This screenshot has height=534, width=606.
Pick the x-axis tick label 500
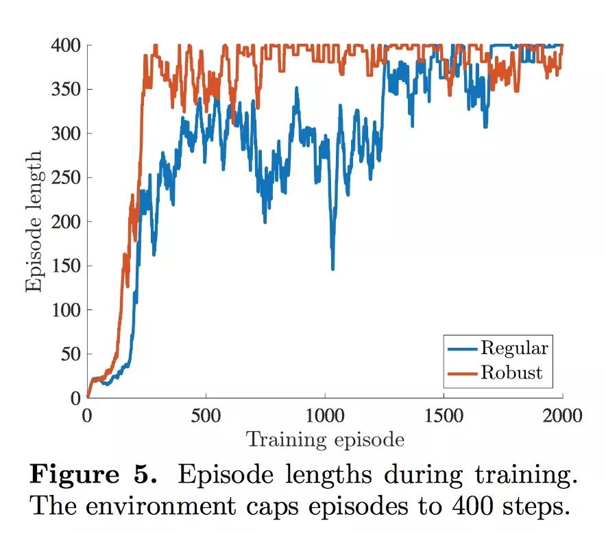(x=206, y=416)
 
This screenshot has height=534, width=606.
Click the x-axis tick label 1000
(x=324, y=416)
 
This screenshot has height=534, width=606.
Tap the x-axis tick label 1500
(x=444, y=416)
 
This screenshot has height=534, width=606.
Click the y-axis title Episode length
(x=34, y=220)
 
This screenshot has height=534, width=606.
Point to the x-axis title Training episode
(x=325, y=439)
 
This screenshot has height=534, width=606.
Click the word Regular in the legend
(x=514, y=348)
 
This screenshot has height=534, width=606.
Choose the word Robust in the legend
(x=511, y=372)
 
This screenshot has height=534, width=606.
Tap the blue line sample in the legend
(x=463, y=348)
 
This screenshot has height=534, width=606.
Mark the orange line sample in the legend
(x=463, y=373)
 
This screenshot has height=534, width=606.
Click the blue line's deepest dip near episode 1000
(x=333, y=268)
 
